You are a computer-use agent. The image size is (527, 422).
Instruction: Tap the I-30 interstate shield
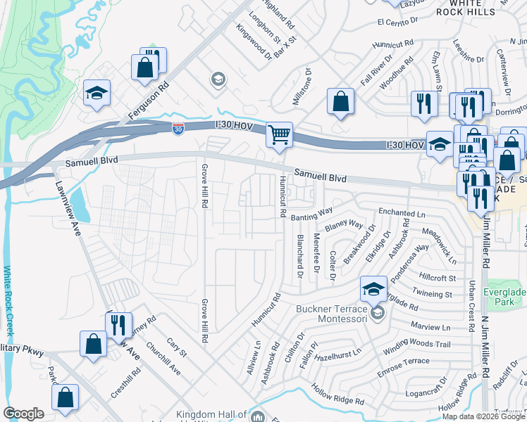[179, 129]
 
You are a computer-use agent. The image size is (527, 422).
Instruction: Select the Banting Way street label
[311, 214]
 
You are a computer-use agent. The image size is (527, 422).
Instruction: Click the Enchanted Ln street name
[402, 212]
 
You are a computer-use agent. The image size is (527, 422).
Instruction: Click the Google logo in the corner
[24, 414]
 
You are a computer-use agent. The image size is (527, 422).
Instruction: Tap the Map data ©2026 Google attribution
[483, 416]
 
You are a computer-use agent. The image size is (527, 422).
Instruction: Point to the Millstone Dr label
[306, 87]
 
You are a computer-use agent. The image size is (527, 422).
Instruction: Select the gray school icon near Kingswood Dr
[218, 79]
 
